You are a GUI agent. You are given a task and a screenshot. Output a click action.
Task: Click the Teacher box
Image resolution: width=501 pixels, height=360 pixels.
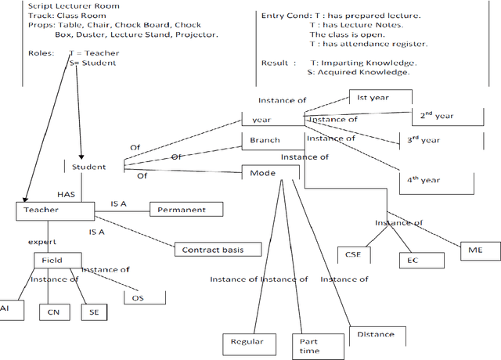(41, 211)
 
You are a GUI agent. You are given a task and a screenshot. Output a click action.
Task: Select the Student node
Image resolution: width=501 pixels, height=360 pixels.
(88, 167)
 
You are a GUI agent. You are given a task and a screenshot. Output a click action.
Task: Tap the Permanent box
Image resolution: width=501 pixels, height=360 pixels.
(182, 210)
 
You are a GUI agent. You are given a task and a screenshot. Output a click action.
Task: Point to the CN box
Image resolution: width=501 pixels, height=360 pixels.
(53, 311)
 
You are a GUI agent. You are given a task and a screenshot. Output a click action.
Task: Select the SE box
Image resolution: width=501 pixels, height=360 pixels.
(94, 311)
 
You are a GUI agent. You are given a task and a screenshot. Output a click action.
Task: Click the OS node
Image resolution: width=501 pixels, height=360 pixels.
(138, 298)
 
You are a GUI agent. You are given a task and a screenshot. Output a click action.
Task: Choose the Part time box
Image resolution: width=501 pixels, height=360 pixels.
(309, 346)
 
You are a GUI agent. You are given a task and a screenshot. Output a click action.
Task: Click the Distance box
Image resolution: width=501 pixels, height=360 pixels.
(376, 335)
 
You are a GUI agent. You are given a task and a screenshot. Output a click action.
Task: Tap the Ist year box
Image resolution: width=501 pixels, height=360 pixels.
(380, 99)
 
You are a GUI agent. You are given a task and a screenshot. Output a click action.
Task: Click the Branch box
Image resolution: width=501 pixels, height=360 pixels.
(265, 141)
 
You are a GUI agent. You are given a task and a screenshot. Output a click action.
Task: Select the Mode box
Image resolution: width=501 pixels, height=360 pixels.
(263, 172)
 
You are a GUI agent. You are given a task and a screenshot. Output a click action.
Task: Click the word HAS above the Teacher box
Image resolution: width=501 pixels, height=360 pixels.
(66, 193)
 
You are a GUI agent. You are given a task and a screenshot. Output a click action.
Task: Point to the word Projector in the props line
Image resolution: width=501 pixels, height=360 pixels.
(194, 34)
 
